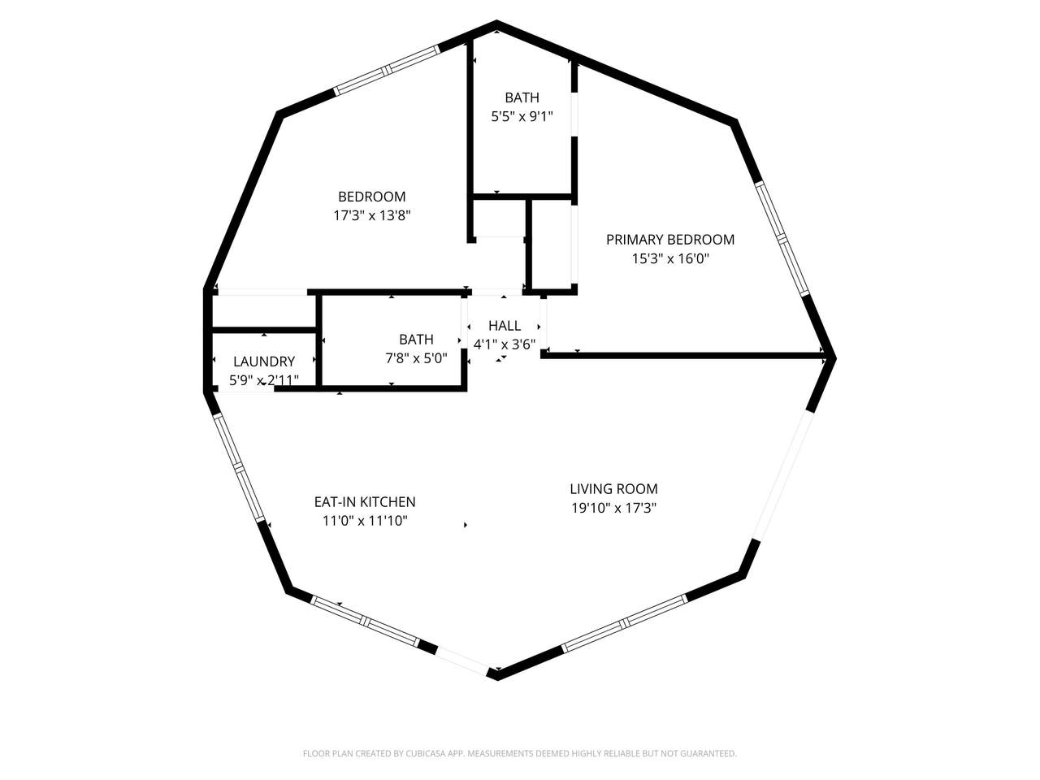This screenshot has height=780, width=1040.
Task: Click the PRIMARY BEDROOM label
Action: (670, 240)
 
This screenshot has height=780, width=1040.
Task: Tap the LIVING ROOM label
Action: (613, 489)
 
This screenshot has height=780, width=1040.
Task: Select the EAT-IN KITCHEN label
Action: (365, 501)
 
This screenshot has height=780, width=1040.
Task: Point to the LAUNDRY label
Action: (264, 362)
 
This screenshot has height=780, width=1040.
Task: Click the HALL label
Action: (504, 326)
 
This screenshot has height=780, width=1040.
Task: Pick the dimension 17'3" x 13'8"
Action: (371, 216)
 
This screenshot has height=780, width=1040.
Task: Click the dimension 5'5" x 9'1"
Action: (522, 116)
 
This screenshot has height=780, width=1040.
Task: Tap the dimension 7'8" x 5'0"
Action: (416, 358)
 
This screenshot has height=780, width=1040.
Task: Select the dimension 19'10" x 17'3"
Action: (613, 508)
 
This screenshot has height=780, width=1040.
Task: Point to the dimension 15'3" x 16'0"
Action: (670, 259)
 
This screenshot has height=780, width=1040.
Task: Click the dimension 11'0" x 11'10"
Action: (365, 521)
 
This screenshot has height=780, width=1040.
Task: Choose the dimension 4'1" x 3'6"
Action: (504, 344)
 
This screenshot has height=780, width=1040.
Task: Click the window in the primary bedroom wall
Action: (782, 238)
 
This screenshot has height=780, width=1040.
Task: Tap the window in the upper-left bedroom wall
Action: (387, 70)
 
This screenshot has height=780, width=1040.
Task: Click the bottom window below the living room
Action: (624, 622)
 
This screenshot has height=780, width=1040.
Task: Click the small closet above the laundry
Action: (263, 310)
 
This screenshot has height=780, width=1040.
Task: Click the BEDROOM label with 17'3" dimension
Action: (371, 197)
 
